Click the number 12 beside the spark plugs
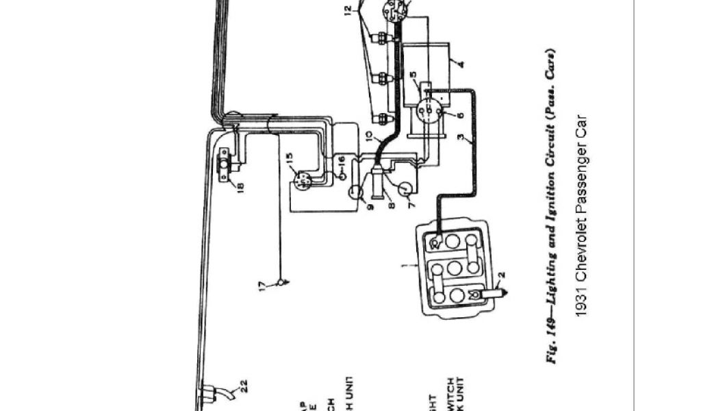click(348, 10)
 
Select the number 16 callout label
click(343, 160)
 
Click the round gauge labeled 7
click(405, 188)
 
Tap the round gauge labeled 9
click(356, 192)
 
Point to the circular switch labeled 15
click(301, 180)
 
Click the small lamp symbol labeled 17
click(279, 282)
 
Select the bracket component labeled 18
click(225, 167)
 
